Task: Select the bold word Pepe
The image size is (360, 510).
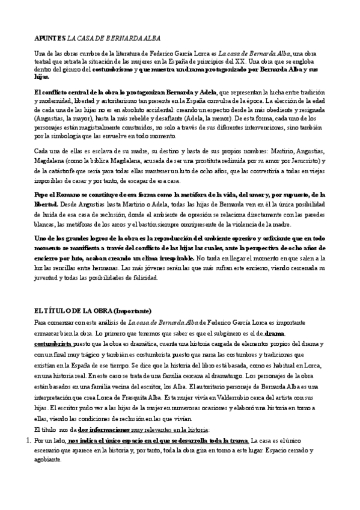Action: click(x=43, y=195)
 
